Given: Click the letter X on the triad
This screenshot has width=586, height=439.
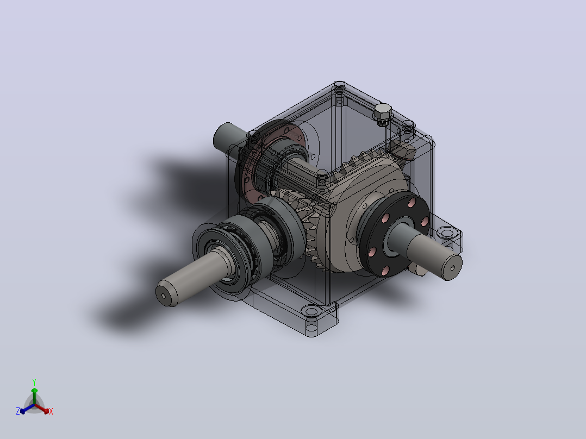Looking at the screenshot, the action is (x=51, y=411).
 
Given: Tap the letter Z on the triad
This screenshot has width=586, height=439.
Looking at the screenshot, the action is (x=17, y=411).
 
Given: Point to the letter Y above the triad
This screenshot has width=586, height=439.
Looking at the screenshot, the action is (x=34, y=382).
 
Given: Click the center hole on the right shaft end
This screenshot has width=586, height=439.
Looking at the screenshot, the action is (x=453, y=268).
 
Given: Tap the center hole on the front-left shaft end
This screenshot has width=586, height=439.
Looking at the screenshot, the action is (x=164, y=296).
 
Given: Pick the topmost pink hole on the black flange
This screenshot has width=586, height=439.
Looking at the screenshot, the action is (x=412, y=203).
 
